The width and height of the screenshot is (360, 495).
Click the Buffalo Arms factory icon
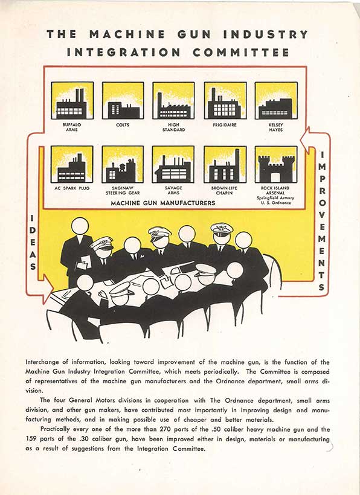[72, 100]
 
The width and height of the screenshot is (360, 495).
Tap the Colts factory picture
[123, 100]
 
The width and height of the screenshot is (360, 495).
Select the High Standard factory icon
[173, 100]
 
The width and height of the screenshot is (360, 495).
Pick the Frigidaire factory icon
[225, 100]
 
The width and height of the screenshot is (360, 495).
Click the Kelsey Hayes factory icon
[276, 100]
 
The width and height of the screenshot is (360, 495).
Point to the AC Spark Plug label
[72, 188]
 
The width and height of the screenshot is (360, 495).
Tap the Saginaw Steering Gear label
[123, 190]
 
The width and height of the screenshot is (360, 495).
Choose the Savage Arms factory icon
[173, 164]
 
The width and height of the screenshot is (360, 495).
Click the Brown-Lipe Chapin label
[224, 190]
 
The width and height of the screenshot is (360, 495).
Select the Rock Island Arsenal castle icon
[276, 164]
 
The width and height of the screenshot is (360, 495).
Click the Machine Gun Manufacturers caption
[163, 203]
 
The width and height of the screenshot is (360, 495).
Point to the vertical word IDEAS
[33, 243]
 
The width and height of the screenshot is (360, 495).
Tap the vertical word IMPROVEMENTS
[321, 221]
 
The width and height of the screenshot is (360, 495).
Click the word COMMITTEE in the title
[241, 52]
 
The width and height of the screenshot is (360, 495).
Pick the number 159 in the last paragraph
[31, 439]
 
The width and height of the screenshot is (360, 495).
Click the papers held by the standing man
[84, 263]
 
